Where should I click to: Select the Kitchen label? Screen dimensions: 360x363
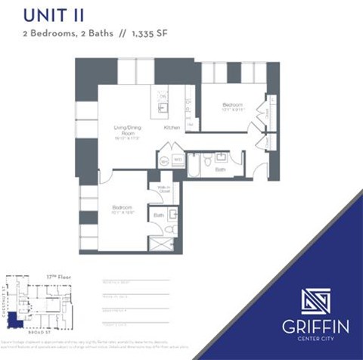coord(172,129)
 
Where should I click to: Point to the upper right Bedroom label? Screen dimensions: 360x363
coord(231,104)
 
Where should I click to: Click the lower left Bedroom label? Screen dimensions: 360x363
coord(123,207)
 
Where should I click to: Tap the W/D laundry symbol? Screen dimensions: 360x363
coord(178,160)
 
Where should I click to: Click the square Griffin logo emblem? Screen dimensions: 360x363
coord(315,300)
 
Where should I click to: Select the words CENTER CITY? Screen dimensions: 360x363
coord(316,340)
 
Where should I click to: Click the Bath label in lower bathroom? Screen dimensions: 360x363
coord(159,216)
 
